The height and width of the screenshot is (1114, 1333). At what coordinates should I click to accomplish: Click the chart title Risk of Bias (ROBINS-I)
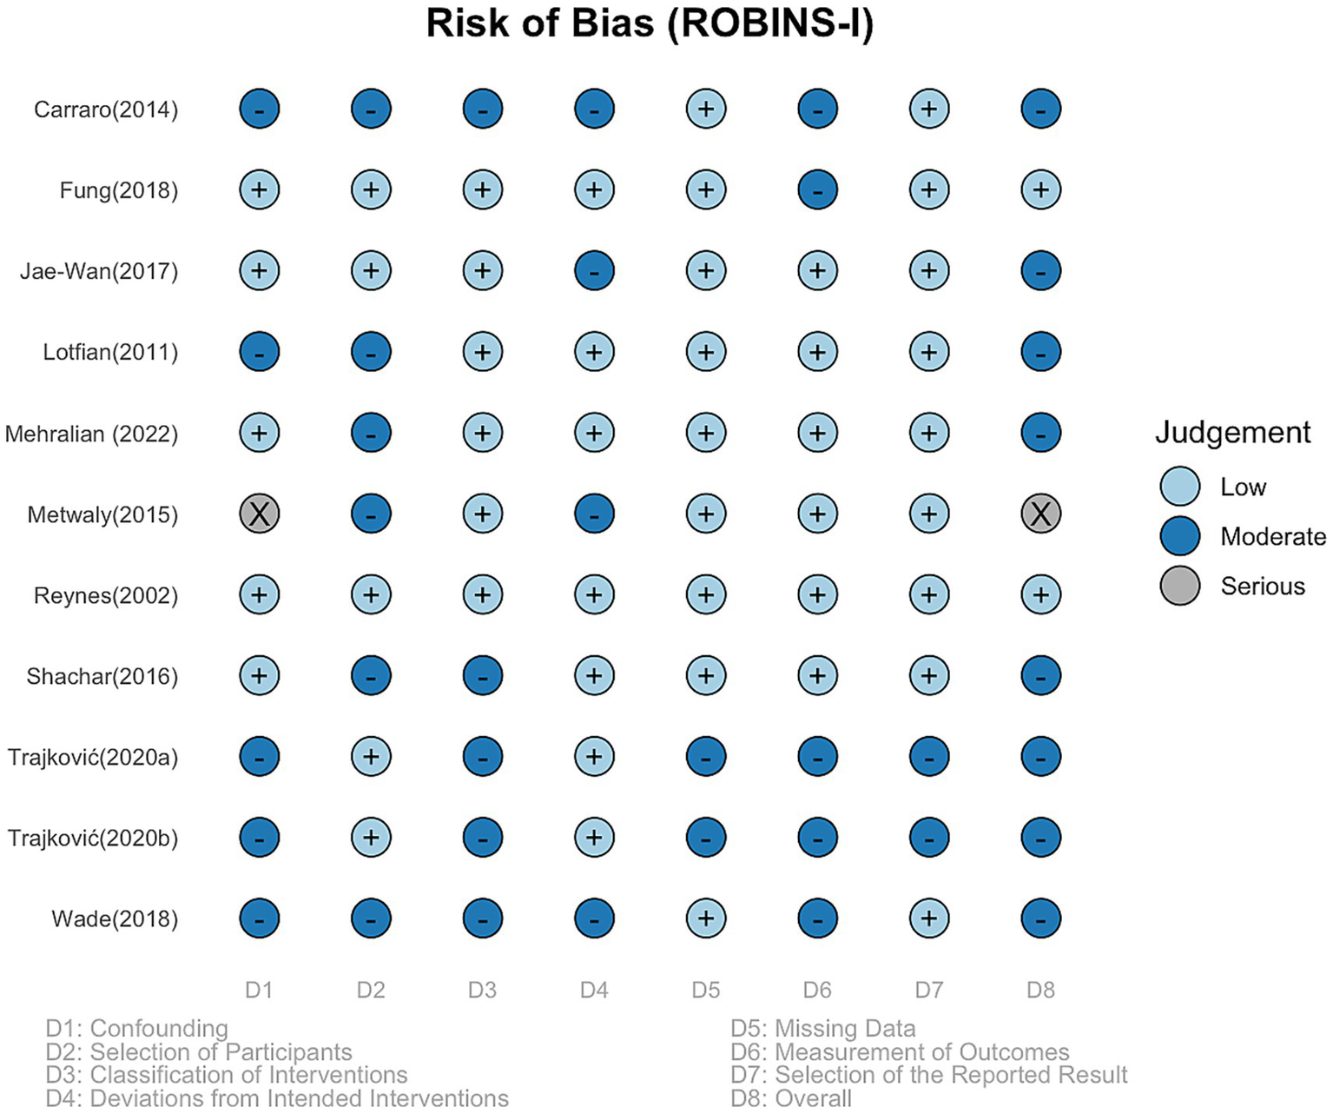coord(650,23)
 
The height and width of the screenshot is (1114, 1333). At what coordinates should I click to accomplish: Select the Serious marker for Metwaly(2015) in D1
coord(260,514)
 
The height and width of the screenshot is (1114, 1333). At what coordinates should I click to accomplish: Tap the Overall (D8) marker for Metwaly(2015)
coord(1040,514)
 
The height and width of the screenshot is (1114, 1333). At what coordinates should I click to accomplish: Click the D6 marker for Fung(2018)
coord(817,189)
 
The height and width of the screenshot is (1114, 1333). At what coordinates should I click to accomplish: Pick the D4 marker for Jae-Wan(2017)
coord(594,270)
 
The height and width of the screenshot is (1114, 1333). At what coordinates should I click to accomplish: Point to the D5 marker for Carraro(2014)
coord(706,109)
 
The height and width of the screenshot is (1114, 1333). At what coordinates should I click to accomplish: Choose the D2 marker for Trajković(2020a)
coord(371,756)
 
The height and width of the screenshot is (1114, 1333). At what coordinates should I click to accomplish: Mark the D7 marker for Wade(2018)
coord(929,918)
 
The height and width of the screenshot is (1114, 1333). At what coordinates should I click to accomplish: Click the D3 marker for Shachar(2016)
coord(483,675)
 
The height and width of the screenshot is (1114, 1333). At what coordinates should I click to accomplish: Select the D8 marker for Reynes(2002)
coord(1040,594)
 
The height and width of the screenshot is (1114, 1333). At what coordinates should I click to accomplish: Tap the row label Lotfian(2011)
coord(110,352)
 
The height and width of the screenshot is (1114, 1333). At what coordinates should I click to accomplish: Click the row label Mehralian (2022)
coord(91,433)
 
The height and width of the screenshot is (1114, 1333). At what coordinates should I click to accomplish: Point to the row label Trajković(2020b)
coord(93,838)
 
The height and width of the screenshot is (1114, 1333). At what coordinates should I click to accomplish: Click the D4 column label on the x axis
coord(594,990)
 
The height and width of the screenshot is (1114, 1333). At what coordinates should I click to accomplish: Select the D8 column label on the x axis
coord(1040,990)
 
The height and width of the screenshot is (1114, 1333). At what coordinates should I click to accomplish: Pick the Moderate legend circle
coord(1179,536)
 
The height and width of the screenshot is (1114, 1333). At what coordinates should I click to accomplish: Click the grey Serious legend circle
coord(1179,586)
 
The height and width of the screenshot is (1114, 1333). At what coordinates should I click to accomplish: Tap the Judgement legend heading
coord(1232,432)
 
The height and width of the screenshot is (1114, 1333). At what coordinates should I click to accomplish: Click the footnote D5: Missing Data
coord(822,1029)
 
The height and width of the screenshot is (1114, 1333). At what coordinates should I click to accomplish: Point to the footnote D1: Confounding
coord(136,1029)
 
